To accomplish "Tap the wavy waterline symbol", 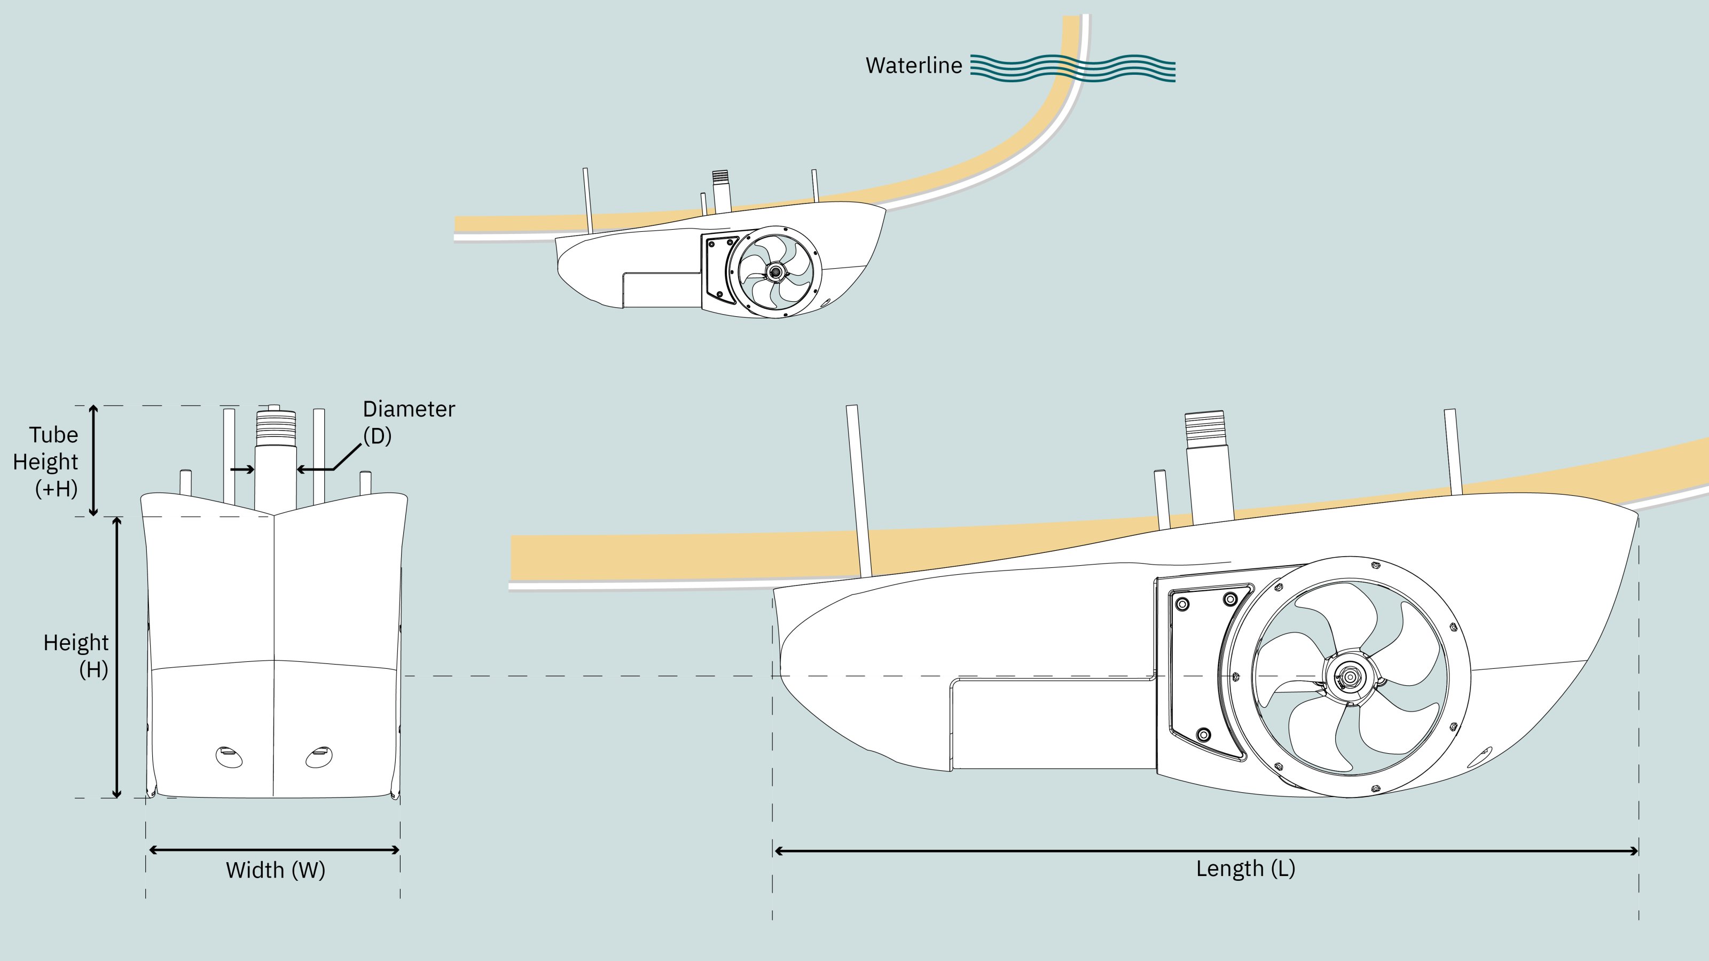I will [x=1072, y=68].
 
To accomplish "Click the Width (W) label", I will [x=276, y=870].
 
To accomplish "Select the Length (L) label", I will [x=1245, y=869].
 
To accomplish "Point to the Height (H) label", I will [x=77, y=655].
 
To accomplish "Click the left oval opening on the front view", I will [x=229, y=756].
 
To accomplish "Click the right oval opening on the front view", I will [x=319, y=756].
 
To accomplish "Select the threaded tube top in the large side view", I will [x=1205, y=425].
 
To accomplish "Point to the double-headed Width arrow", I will [x=274, y=849].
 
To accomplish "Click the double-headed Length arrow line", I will [x=1205, y=851].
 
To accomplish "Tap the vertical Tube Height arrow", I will [x=93, y=460].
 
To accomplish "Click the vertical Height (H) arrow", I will [x=117, y=657].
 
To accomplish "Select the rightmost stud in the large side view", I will [x=1453, y=451].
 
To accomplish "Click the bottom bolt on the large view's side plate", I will [x=1203, y=735].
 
